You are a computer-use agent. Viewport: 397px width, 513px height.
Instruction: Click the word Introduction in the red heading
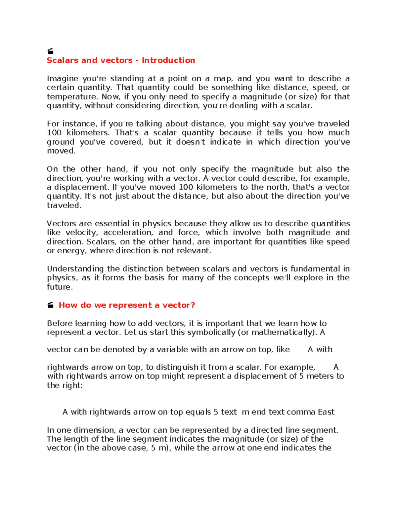tap(168, 60)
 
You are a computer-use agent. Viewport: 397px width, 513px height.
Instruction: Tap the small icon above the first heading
tap(50, 51)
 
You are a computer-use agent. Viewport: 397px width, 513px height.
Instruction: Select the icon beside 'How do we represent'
tap(50, 305)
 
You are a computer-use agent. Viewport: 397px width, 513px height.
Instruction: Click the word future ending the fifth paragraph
tap(59, 287)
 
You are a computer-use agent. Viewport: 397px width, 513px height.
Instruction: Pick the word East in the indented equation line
tap(326, 412)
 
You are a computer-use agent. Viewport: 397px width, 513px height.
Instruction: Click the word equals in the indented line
tap(198, 412)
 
